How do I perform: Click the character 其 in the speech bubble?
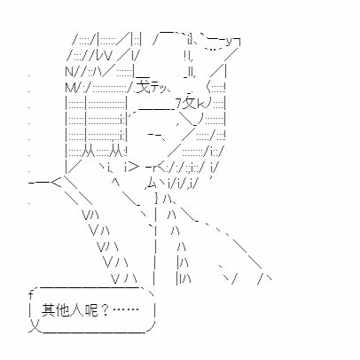point(47,309)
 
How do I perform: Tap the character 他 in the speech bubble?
point(61,309)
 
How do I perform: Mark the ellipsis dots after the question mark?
point(126,309)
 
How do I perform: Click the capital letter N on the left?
point(69,71)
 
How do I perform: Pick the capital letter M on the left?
point(70,87)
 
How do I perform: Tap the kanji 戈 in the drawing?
point(144,86)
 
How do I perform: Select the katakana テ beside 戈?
point(154,87)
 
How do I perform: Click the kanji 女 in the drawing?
point(189,103)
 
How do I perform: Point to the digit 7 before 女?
point(178,104)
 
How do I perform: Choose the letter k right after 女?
point(200,104)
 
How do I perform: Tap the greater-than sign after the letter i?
point(134,168)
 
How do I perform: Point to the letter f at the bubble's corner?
point(31,294)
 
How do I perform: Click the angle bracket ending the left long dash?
point(56,183)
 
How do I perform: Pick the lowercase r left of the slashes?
point(154,168)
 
